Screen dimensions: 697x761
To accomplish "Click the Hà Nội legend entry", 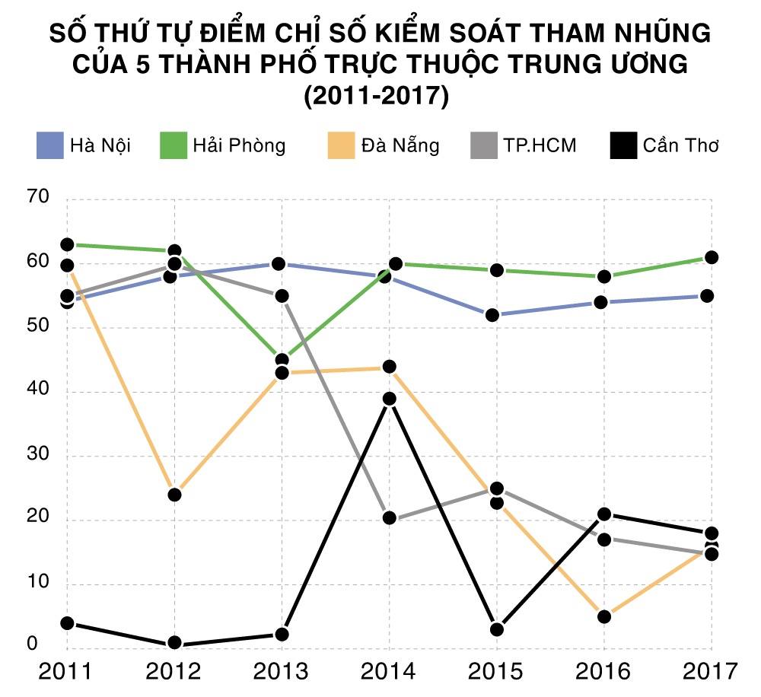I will [x=84, y=145].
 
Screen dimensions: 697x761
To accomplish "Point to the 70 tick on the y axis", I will [x=37, y=199].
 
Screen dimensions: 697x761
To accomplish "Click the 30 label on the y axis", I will [x=37, y=456].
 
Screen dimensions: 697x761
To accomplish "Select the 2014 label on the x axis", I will [x=389, y=672].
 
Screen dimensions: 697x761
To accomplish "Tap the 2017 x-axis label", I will [x=711, y=672].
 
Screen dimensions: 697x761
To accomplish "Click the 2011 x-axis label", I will [x=66, y=672].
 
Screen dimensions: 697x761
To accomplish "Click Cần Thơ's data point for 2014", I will [x=389, y=399].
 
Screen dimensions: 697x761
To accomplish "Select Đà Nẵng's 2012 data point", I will [x=174, y=495].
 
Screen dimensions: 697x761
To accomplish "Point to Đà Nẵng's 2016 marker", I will [x=603, y=616].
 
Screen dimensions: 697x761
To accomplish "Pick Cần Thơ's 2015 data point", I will [x=496, y=629].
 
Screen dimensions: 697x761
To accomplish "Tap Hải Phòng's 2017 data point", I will [x=711, y=257].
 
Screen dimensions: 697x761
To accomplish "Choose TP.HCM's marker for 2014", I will [x=389, y=518].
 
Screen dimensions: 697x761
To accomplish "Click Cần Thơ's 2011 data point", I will [x=67, y=623].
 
